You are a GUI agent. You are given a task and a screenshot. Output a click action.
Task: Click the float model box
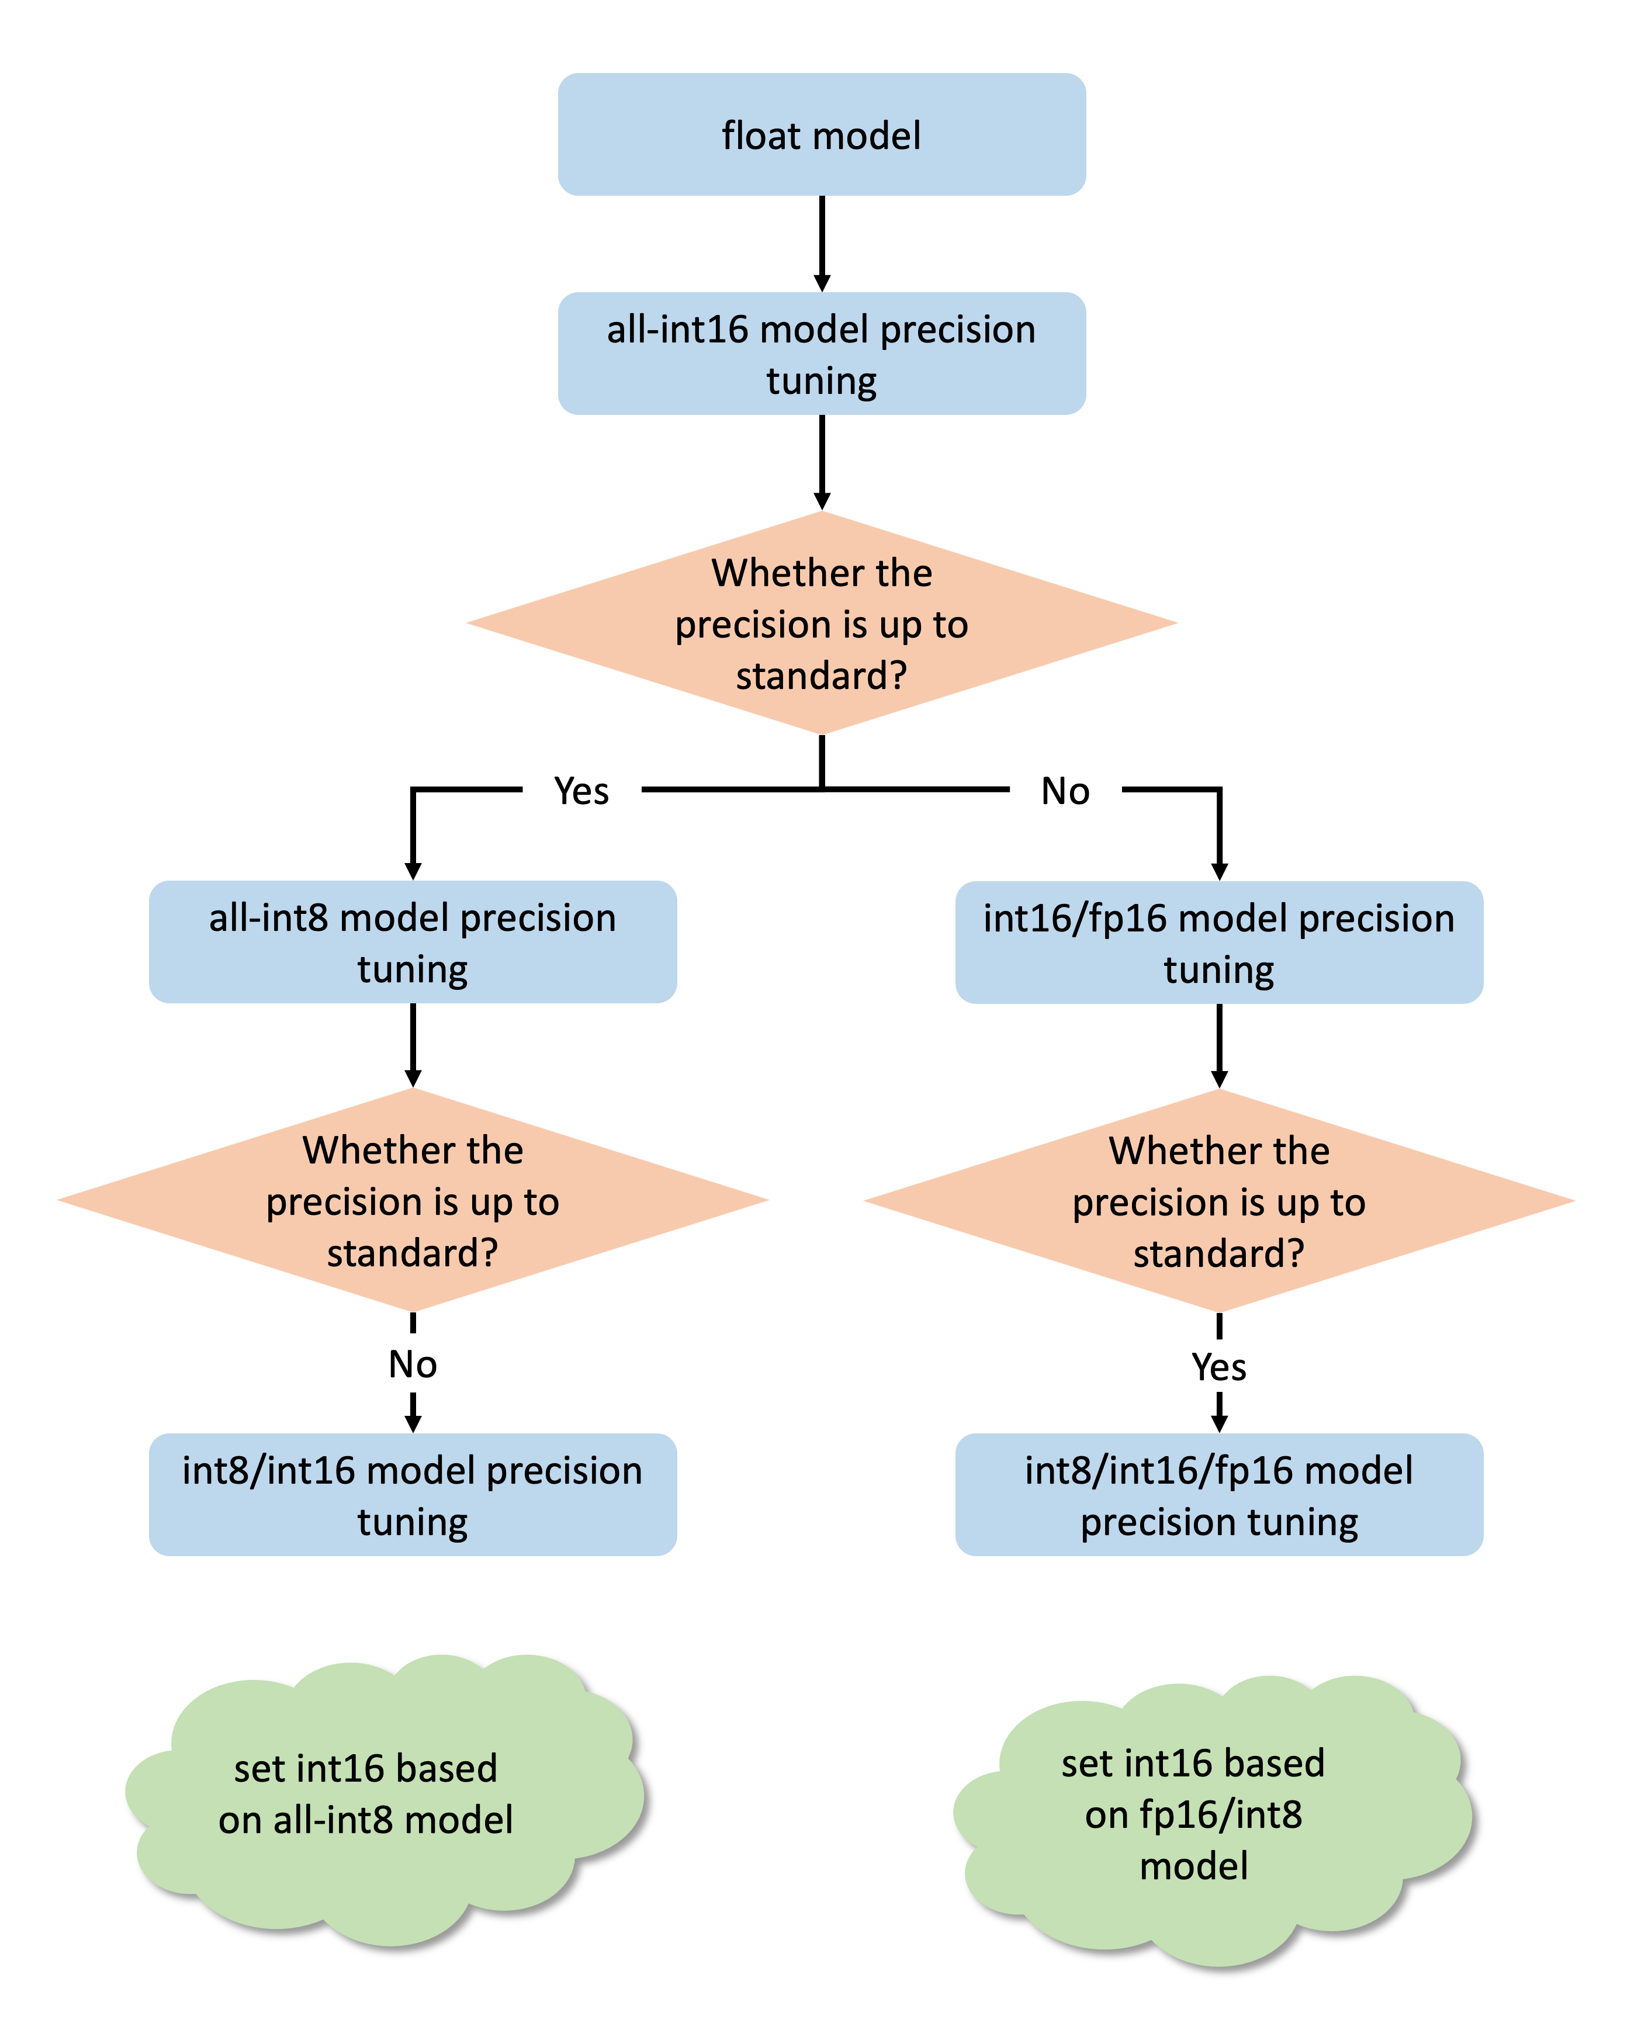(821, 134)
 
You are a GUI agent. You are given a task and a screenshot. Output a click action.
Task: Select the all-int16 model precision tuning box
(821, 353)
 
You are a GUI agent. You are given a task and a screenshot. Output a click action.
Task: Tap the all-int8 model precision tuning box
(413, 941)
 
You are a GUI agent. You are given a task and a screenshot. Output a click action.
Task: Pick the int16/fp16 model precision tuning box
(1218, 941)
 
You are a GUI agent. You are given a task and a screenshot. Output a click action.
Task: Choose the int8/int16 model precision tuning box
(413, 1494)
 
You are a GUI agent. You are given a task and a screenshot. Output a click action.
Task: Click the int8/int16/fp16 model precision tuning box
(1218, 1494)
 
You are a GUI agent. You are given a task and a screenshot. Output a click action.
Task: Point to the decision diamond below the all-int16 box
(821, 623)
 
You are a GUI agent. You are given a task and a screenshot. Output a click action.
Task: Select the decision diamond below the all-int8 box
(413, 1200)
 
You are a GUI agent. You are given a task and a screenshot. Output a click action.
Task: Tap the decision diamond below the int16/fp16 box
(1218, 1200)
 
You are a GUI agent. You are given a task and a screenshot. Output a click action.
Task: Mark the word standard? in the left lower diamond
(413, 1253)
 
